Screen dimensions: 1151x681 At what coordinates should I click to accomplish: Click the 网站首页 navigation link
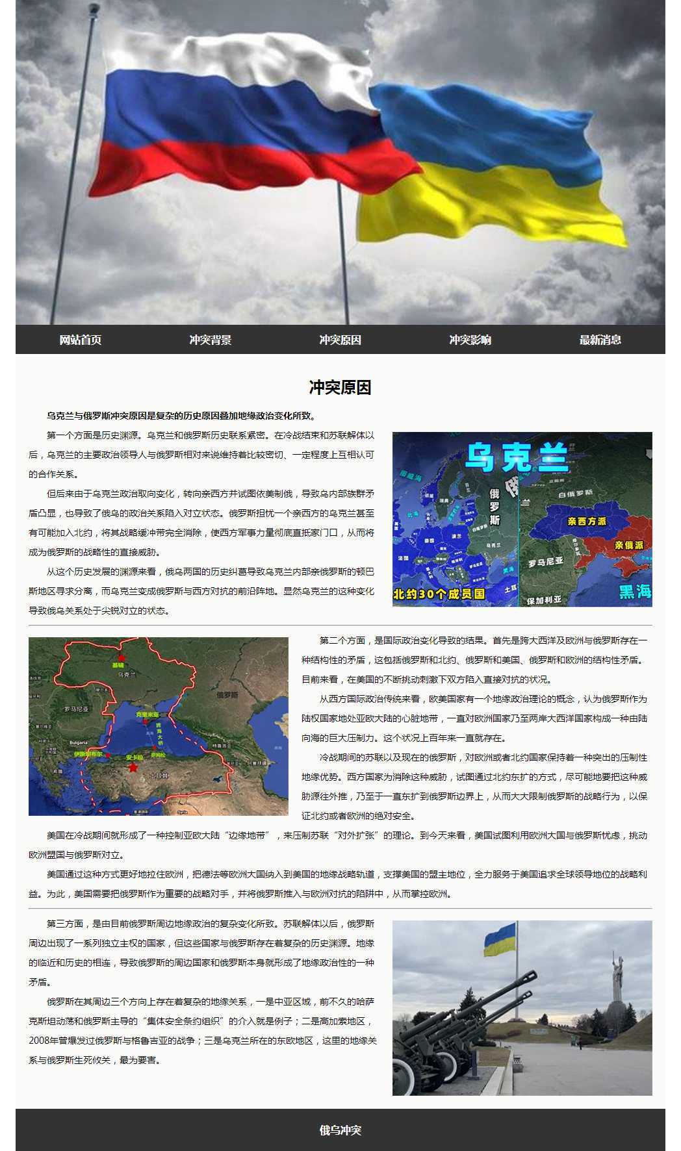point(81,340)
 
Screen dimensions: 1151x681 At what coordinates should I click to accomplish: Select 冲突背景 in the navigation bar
point(211,340)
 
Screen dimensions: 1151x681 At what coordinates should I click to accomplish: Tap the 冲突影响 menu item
point(470,340)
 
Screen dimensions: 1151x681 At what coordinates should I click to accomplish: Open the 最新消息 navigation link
point(600,340)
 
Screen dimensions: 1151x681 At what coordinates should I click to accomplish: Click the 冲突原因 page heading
point(340,388)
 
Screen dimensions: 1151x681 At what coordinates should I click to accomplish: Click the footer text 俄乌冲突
point(340,1130)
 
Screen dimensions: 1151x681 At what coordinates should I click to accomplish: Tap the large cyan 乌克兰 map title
point(518,457)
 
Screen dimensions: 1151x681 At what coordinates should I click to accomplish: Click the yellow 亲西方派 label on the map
point(586,521)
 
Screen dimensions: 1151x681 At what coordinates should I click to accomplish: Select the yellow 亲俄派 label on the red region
point(628,545)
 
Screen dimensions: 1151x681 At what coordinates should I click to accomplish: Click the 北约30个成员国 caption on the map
point(440,593)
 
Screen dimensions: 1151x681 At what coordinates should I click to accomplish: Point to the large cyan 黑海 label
point(634,592)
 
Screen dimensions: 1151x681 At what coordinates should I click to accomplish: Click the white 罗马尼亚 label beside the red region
point(546,563)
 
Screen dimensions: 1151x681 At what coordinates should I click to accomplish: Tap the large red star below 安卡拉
point(133,768)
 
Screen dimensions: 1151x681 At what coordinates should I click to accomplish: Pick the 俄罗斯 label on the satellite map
point(225,694)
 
